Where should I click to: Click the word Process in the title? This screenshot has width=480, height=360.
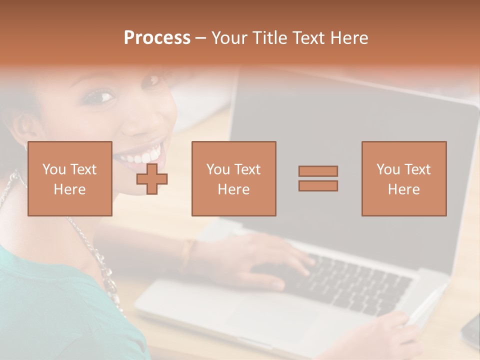(157, 38)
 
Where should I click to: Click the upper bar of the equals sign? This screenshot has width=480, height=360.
(318, 171)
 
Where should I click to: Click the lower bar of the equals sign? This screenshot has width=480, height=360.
(318, 186)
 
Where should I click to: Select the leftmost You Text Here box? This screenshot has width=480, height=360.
(69, 178)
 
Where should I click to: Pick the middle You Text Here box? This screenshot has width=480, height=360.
(233, 178)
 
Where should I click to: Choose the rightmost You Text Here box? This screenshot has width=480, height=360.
(403, 178)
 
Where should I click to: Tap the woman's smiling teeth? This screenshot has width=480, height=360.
(140, 156)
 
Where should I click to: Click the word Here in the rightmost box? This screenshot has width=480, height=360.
(403, 189)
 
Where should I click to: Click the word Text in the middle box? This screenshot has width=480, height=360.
(247, 169)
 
